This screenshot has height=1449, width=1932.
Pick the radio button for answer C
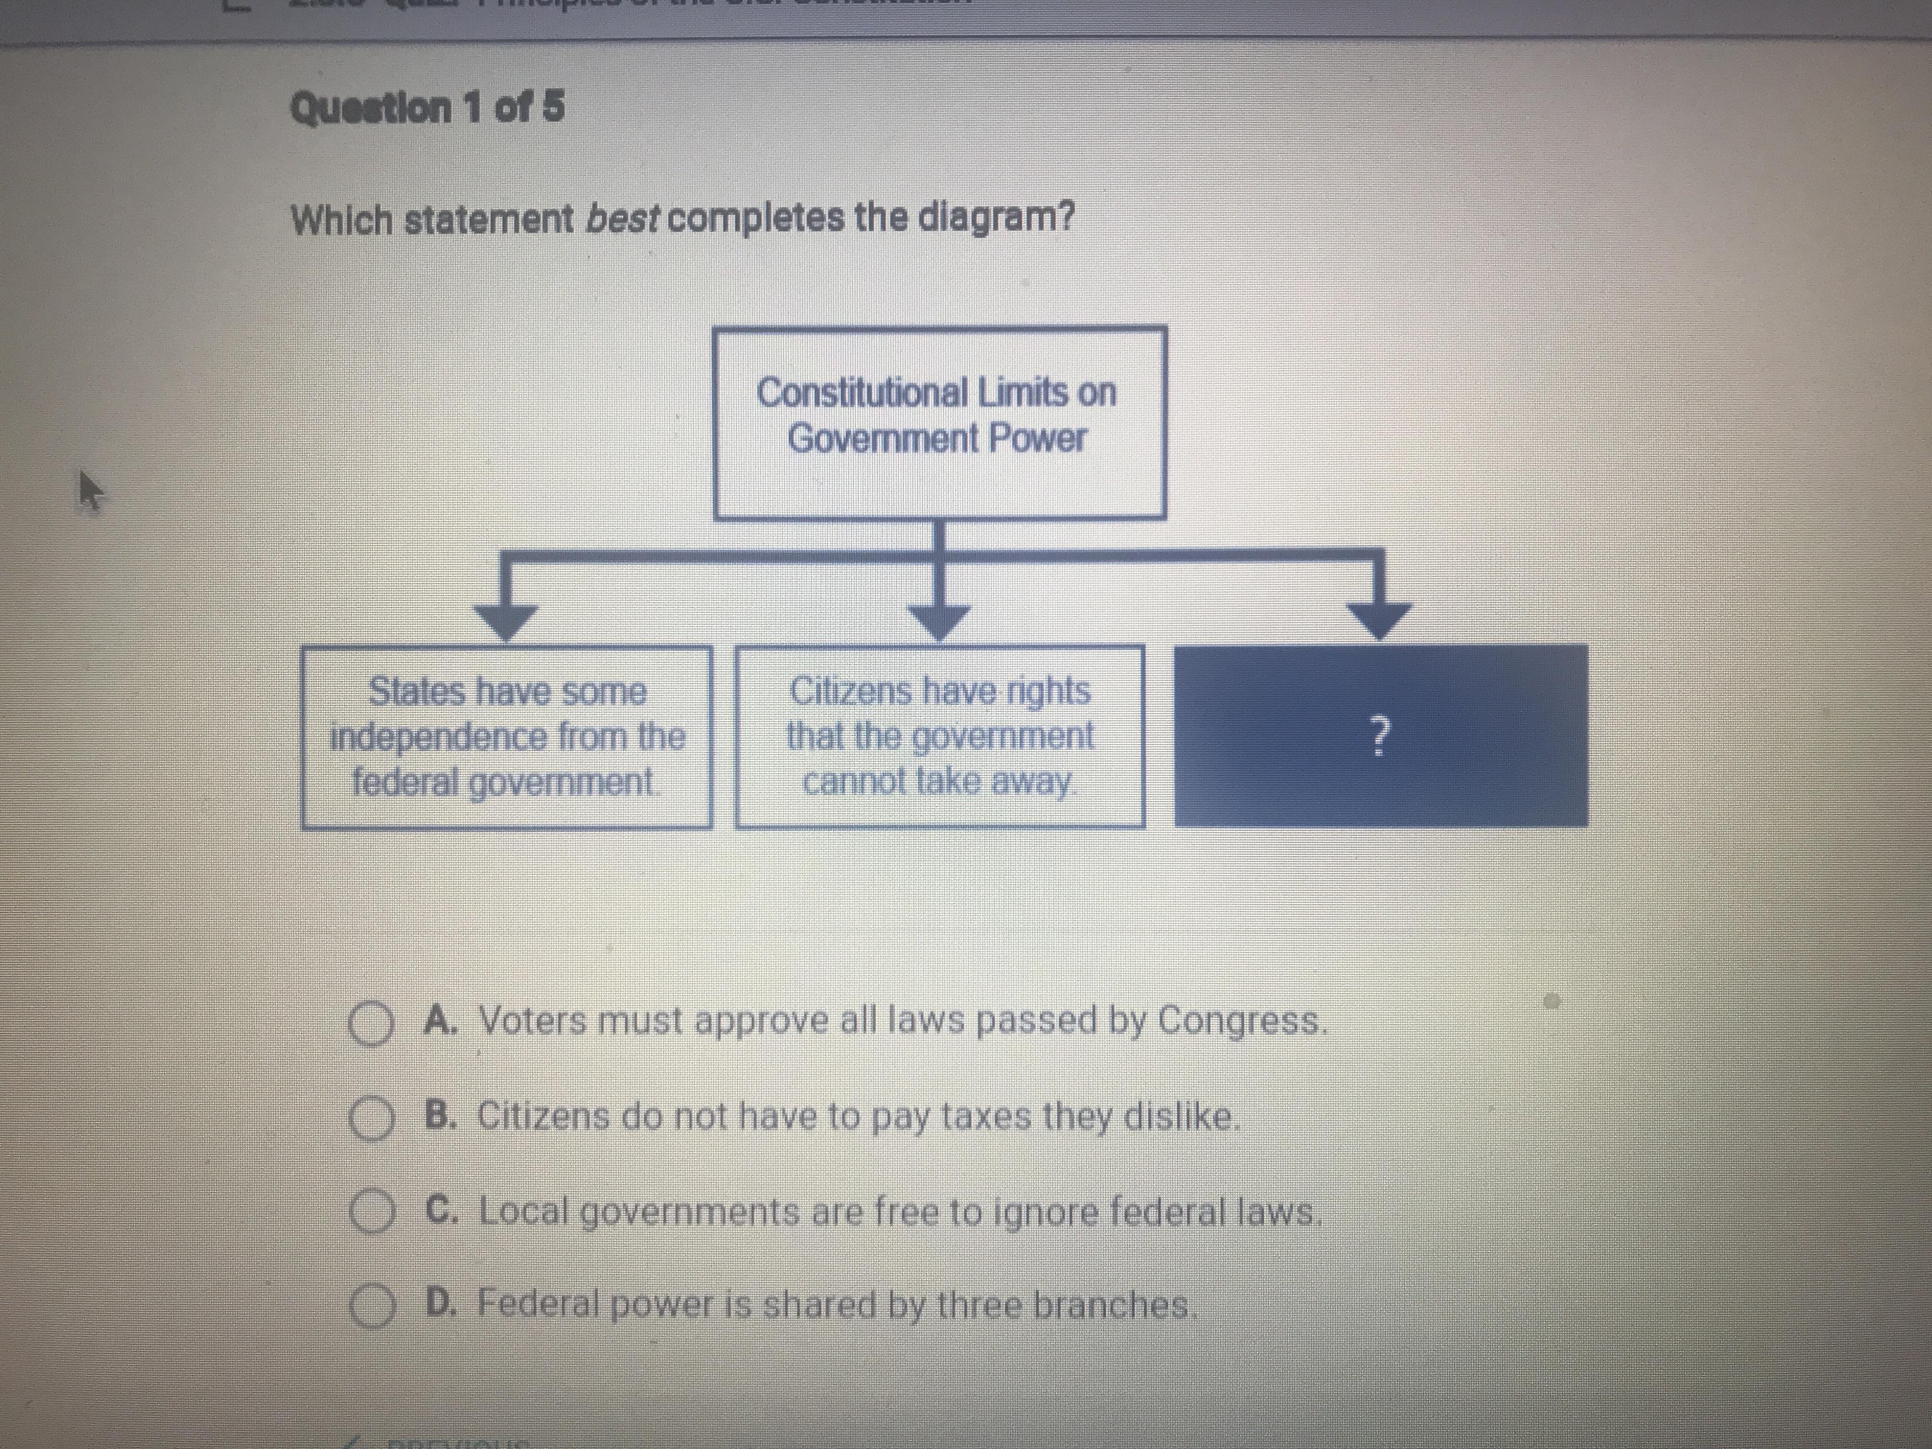tap(372, 1213)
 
